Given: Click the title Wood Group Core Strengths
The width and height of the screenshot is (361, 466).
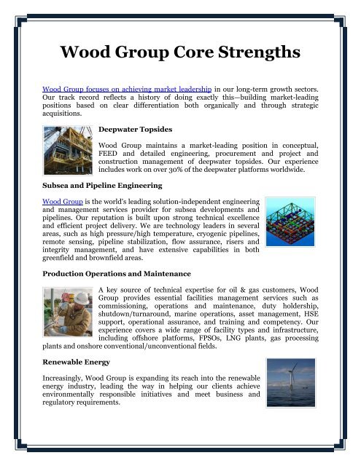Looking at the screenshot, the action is [180, 55].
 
